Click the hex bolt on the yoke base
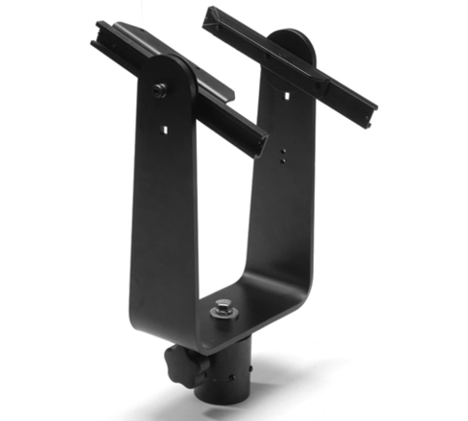(223, 307)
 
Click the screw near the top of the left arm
(159, 90)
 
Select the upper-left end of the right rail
(210, 14)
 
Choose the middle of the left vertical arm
(161, 214)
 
